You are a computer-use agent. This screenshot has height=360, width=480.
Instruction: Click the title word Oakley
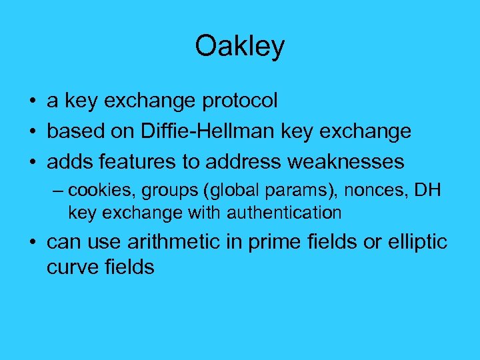point(239,46)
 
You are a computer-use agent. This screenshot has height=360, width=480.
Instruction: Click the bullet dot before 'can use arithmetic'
point(32,243)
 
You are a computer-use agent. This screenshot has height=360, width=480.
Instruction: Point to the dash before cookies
point(59,191)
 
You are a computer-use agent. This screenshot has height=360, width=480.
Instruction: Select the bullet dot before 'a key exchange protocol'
point(32,102)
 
